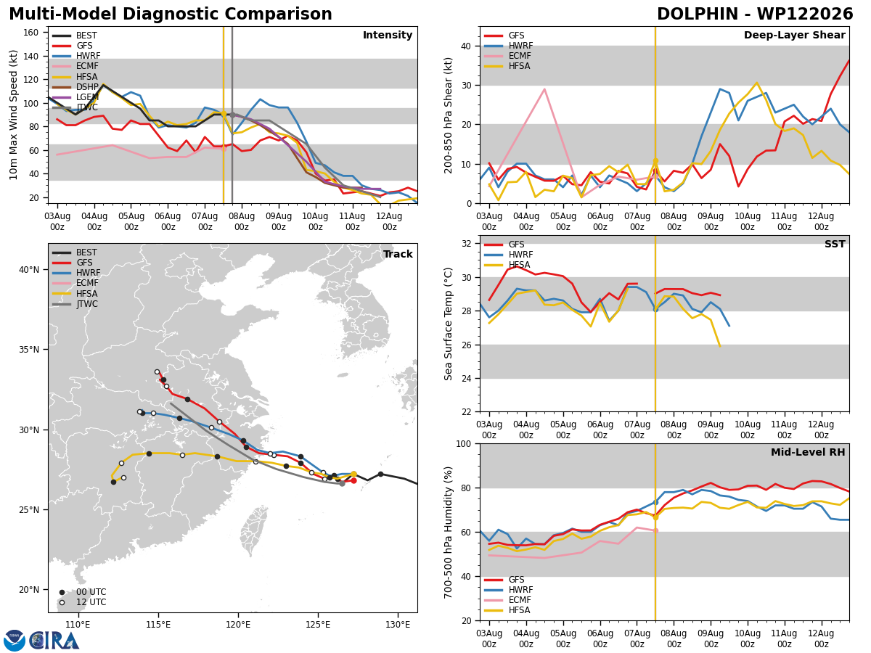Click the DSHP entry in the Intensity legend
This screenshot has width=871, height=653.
point(75,87)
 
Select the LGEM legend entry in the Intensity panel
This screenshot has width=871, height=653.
point(75,97)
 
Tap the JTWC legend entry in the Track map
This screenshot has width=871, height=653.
point(75,304)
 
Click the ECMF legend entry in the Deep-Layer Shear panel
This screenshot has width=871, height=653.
point(507,56)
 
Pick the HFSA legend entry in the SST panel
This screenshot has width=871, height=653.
point(507,264)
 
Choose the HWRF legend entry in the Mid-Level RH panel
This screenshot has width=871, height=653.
point(508,590)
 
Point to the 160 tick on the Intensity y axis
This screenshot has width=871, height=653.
point(30,33)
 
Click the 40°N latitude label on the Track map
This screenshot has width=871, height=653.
point(29,270)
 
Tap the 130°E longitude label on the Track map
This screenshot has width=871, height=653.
point(398,625)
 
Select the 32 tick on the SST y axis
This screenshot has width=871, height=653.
point(467,244)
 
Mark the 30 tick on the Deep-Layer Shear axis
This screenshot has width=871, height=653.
point(467,86)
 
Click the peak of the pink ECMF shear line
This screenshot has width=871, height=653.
point(545,89)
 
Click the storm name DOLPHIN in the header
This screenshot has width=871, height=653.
point(698,14)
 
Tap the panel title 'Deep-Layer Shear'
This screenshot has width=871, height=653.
point(794,35)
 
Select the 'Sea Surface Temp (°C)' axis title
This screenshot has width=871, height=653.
point(449,324)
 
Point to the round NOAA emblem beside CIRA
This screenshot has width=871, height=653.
point(15,641)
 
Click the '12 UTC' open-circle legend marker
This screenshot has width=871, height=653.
point(62,603)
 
